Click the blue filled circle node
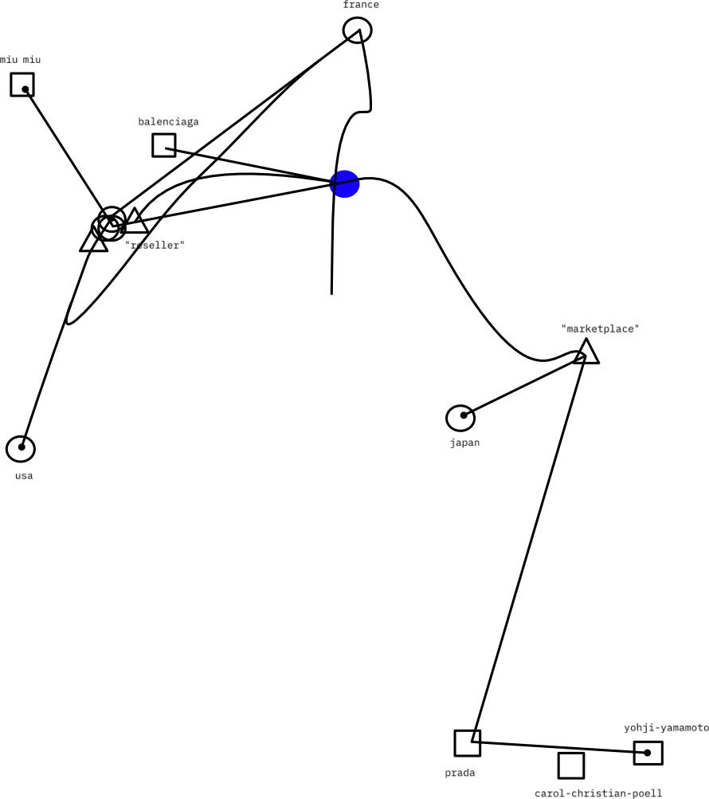click(345, 183)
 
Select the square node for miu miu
click(22, 85)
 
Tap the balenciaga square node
click(164, 145)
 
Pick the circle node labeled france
click(358, 30)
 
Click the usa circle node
click(21, 449)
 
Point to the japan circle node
click(460, 418)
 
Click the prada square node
click(468, 743)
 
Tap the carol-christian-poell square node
click(571, 766)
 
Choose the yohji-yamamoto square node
click(648, 753)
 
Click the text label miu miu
click(20, 60)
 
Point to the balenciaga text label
click(168, 122)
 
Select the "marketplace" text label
click(601, 329)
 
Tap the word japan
click(464, 443)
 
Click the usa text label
click(24, 476)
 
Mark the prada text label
click(460, 773)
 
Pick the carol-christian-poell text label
click(598, 793)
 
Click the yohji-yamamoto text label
click(666, 728)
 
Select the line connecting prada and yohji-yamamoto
click(558, 747)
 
